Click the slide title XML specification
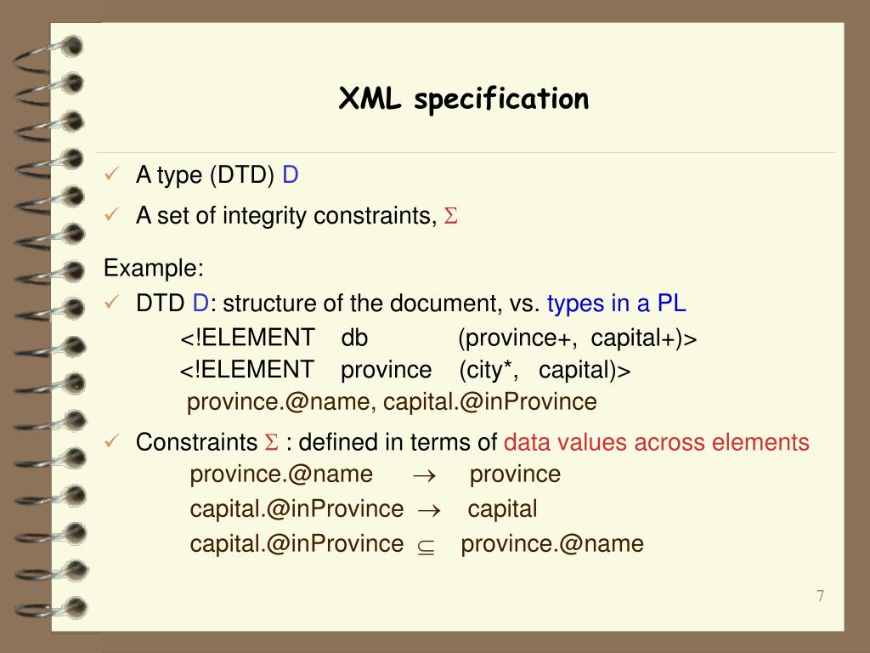coord(464,99)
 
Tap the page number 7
coord(820,596)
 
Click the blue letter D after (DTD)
coord(291,175)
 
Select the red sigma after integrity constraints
coord(451,217)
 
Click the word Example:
coord(154,269)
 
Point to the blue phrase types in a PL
coord(617,304)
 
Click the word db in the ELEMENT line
coord(354,338)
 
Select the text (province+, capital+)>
coord(577,338)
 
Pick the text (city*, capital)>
coord(545,370)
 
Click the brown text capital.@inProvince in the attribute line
coord(490,401)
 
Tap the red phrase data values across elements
coord(656,442)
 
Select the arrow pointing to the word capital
coord(429,510)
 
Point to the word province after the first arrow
coord(515,474)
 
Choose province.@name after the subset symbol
coord(552,543)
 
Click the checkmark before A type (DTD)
coord(111,175)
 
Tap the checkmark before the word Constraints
coord(111,441)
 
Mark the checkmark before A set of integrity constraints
coord(111,216)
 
